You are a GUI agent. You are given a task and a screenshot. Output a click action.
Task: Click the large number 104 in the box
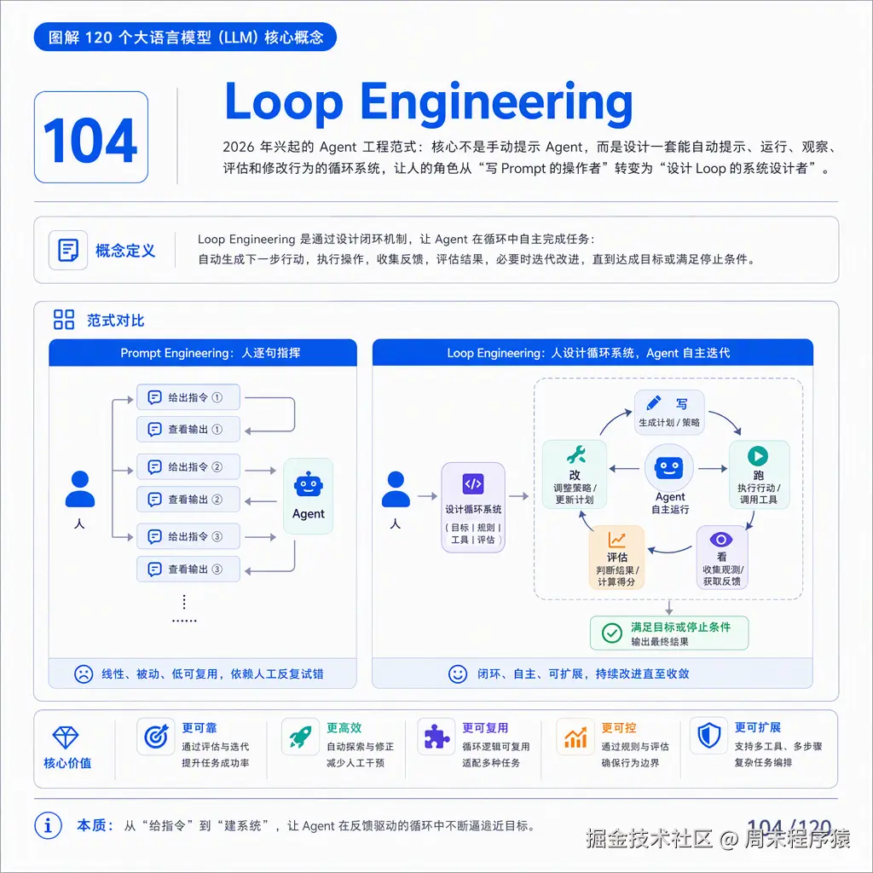point(90,140)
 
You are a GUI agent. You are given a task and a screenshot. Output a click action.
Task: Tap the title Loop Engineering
point(429,102)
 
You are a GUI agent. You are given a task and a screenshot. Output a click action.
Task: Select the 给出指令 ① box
point(188,397)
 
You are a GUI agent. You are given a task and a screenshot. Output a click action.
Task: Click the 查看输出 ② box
point(188,500)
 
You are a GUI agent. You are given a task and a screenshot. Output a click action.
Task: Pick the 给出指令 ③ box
point(188,537)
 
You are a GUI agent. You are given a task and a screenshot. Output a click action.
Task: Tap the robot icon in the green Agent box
point(308,484)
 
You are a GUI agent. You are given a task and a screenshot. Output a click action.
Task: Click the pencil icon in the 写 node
point(653,402)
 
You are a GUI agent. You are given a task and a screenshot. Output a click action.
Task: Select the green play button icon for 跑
point(758,456)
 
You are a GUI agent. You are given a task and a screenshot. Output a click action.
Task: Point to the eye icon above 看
point(721,540)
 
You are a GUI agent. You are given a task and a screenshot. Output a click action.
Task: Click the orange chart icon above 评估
point(616,540)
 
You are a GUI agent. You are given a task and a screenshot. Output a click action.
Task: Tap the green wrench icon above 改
point(575,455)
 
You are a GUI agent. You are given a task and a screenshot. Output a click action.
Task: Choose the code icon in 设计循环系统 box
point(473,484)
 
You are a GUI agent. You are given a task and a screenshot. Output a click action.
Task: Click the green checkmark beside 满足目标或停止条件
point(612,633)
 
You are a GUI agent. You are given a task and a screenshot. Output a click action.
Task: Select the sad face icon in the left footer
point(84,674)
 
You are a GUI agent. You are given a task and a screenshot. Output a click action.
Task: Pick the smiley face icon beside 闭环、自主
point(458,674)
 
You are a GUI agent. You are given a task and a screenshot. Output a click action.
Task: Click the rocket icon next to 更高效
point(300,737)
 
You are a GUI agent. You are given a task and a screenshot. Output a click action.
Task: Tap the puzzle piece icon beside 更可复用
point(436,737)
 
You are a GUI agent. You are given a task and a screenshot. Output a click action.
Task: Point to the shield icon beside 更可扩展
point(709,736)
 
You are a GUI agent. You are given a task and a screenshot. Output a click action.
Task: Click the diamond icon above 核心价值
point(65,737)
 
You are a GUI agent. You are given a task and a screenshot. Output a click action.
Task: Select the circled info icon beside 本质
point(48,825)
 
